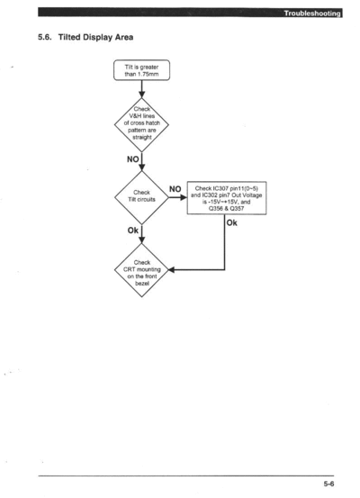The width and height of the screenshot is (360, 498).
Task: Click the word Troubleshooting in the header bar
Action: [x=312, y=14]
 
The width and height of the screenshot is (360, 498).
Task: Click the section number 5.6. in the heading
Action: [x=45, y=37]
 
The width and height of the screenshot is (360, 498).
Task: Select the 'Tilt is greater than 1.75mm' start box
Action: [x=141, y=70]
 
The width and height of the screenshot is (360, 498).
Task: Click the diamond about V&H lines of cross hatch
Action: [x=141, y=125]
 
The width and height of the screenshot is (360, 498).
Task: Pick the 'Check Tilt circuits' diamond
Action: [x=141, y=197]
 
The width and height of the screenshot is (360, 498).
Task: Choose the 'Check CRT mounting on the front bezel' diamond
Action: [x=141, y=270]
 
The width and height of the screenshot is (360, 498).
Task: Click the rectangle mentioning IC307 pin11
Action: [x=227, y=198]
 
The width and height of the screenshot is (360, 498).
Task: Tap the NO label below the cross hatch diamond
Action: [x=132, y=159]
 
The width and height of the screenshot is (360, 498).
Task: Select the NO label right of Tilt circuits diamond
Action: [x=175, y=189]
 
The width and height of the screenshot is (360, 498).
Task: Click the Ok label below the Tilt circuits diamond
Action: [x=132, y=231]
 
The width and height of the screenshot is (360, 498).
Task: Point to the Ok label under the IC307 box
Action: [x=231, y=223]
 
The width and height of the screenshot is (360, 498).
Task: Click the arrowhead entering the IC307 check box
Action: [x=184, y=197]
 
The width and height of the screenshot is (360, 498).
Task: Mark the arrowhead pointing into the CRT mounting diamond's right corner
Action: [x=171, y=270]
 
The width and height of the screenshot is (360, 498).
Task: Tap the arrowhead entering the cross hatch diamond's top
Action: [x=142, y=95]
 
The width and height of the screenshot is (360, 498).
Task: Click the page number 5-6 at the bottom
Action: [x=328, y=484]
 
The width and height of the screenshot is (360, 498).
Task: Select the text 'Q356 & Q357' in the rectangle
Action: [x=226, y=209]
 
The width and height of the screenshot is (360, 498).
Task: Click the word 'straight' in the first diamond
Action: [x=142, y=138]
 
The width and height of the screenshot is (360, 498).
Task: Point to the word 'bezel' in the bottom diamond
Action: [x=142, y=284]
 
